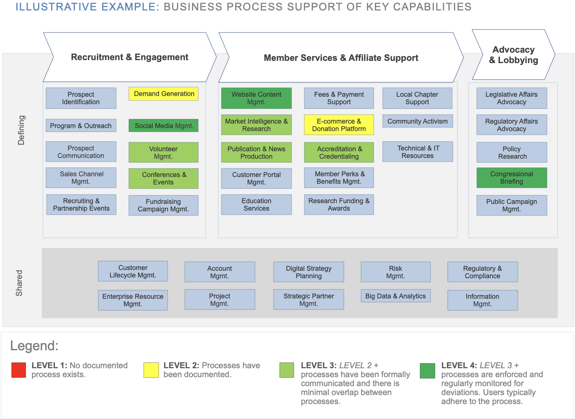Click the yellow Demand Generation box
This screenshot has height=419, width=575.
click(164, 94)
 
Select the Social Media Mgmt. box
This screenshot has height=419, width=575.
click(164, 126)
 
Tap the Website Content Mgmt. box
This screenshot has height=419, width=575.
click(256, 98)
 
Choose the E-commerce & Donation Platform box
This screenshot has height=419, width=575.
click(339, 125)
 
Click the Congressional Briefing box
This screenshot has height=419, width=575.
click(512, 178)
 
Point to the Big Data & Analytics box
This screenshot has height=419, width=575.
click(395, 296)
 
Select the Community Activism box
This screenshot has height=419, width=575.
click(417, 121)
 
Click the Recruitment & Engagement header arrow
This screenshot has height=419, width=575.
click(130, 57)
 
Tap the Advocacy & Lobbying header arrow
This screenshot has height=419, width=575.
click(513, 55)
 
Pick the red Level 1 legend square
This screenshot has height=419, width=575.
click(19, 370)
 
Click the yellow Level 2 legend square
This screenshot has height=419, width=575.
click(151, 370)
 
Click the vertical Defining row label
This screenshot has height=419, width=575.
click(21, 130)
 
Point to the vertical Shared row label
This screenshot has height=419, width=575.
click(19, 283)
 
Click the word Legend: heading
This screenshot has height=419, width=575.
click(34, 346)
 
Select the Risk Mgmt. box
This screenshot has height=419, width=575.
click(395, 272)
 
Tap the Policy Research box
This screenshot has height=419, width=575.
click(512, 153)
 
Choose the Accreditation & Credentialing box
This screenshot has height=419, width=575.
click(339, 153)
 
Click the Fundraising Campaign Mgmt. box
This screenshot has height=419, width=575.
click(163, 205)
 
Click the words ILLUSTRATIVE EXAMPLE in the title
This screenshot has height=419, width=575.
click(87, 7)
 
